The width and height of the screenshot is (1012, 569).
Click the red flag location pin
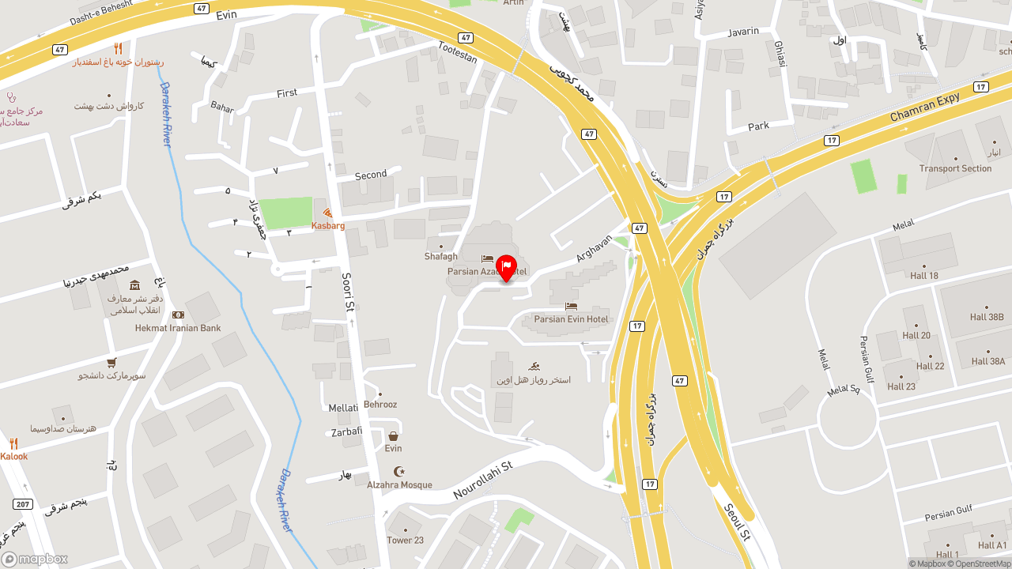(x=506, y=267)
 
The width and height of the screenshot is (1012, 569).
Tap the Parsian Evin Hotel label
(x=571, y=319)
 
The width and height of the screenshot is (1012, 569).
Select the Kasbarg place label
(x=328, y=225)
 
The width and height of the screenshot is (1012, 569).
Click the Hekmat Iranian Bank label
(x=178, y=328)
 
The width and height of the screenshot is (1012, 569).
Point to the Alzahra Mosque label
(x=399, y=484)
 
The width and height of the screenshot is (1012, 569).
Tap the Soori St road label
(x=348, y=292)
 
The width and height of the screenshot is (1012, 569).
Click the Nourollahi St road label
(x=483, y=480)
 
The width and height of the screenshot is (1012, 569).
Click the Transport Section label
(x=955, y=168)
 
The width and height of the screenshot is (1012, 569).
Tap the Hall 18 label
(x=924, y=276)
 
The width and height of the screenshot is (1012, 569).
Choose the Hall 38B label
(x=987, y=317)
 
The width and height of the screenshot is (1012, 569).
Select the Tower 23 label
(x=406, y=541)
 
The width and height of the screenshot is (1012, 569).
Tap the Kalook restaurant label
(x=14, y=456)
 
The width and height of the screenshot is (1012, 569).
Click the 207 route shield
(x=23, y=504)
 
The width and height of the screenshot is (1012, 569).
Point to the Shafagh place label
(x=441, y=256)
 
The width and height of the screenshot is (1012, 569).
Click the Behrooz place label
(x=380, y=405)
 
